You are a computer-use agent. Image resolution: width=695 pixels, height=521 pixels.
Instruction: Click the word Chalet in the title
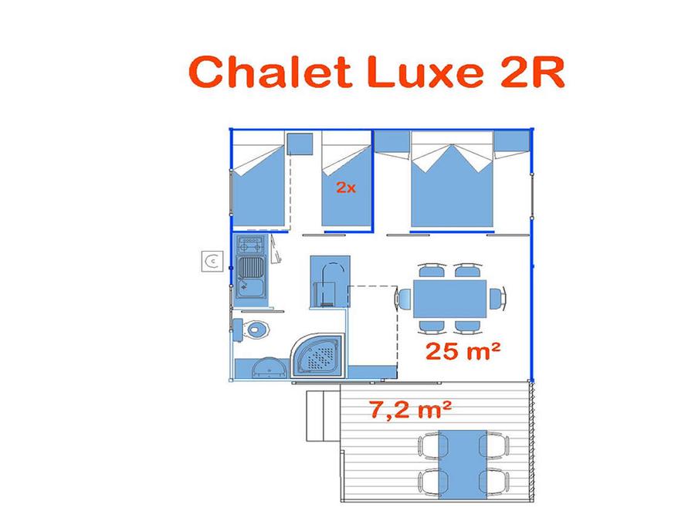coord(270,71)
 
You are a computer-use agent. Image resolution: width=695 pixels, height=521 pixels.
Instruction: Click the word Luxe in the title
coord(425,72)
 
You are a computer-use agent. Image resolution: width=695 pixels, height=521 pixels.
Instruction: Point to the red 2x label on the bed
coord(346,188)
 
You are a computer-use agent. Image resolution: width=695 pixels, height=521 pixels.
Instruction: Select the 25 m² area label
coord(463,351)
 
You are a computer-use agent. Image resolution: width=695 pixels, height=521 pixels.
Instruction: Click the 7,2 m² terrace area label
coord(411,409)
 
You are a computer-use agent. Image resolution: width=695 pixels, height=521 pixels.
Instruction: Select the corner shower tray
coord(317,356)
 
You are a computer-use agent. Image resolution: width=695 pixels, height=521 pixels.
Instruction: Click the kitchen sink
coord(251,276)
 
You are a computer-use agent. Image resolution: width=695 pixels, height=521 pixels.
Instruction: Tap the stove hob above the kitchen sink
coord(251,244)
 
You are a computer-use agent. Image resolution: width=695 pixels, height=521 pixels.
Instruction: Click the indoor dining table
coord(450,298)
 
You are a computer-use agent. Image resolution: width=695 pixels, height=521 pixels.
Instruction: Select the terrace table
coord(463,465)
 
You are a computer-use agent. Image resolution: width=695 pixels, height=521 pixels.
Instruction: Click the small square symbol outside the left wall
coord(212,261)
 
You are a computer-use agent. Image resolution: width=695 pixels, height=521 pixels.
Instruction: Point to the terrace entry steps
coord(323,416)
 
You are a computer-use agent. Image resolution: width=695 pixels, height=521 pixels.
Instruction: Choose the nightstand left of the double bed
coord(392,141)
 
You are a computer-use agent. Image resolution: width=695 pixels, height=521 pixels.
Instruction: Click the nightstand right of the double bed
coord(512,141)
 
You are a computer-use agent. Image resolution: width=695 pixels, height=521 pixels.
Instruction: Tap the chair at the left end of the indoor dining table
coord(403,298)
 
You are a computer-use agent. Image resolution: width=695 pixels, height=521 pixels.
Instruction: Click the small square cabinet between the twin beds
coord(300,144)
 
